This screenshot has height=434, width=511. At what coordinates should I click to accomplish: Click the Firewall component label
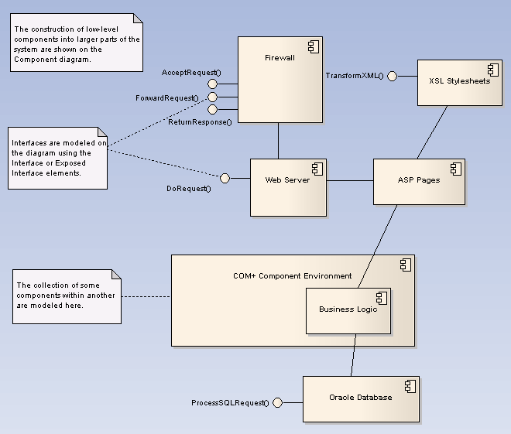(280, 57)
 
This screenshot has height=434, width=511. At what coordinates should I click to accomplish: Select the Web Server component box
(288, 187)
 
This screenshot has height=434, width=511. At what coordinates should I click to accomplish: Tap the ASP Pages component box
(419, 181)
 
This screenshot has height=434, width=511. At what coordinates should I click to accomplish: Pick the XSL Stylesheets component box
(459, 82)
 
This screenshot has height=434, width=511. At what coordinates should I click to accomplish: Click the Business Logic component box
(348, 310)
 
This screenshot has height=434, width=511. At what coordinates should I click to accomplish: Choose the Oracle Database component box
(360, 398)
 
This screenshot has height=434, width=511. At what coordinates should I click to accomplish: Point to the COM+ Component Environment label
(292, 276)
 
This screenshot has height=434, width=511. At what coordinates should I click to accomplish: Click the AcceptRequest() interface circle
(212, 84)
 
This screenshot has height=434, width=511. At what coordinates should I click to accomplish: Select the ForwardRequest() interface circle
(212, 97)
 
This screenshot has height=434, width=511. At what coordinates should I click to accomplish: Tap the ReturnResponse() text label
(200, 122)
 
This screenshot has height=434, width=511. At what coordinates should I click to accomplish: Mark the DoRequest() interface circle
(225, 179)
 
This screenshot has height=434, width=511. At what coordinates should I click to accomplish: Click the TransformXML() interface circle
(392, 76)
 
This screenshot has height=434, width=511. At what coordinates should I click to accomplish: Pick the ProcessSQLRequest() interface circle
(277, 402)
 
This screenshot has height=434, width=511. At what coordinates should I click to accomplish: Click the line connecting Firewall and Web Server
(279, 141)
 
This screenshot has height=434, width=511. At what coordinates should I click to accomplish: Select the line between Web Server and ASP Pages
(350, 181)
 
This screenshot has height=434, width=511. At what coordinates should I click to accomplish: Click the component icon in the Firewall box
(312, 47)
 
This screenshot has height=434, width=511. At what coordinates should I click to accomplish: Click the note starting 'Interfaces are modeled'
(58, 158)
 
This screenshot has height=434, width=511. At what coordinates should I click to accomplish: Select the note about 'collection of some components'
(67, 296)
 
